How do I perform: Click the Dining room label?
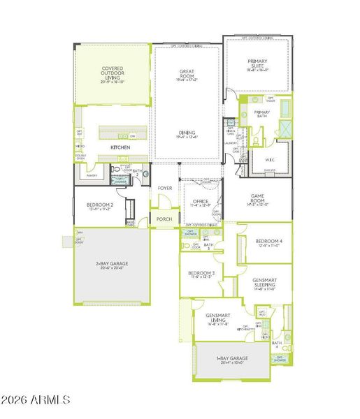187,133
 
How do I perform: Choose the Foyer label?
164,189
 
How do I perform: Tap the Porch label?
164,219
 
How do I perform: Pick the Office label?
200,203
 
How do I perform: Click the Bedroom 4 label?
268,242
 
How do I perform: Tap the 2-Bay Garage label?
111,264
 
